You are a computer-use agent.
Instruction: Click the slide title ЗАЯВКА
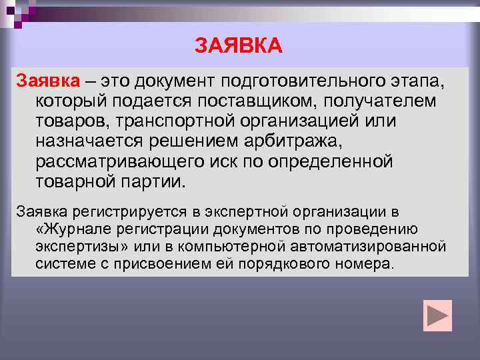[239, 46]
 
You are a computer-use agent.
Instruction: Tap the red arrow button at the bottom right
[437, 315]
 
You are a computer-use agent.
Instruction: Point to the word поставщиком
[266, 101]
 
